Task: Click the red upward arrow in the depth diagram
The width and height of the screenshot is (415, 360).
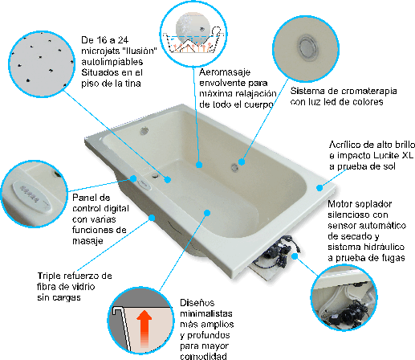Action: (144, 329)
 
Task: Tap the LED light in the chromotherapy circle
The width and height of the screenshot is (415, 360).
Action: (307, 47)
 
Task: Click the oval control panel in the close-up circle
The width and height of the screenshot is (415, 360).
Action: (31, 196)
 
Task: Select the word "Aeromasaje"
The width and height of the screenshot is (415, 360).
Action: (225, 72)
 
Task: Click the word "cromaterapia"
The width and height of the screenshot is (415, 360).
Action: (368, 91)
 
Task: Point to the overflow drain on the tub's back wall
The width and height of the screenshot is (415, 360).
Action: (144, 131)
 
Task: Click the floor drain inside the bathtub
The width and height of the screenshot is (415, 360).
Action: (155, 175)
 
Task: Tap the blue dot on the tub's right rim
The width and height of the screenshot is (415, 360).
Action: (319, 188)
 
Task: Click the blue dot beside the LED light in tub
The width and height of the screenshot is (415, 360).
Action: (242, 162)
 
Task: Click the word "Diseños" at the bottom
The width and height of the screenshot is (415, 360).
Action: (197, 303)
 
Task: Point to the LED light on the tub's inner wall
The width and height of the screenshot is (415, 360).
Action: (234, 167)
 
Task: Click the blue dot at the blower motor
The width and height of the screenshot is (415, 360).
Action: (295, 256)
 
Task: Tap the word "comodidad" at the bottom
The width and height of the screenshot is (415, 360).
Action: (203, 356)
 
